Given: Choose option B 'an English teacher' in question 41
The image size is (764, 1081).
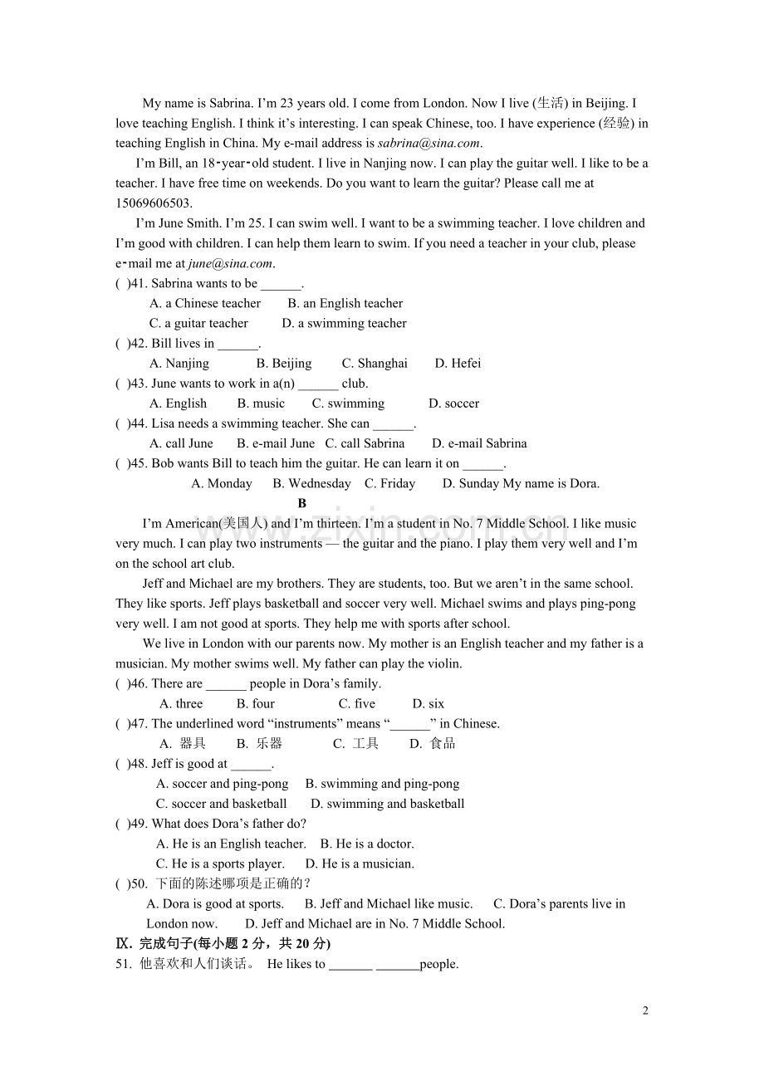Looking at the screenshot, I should coord(345,303).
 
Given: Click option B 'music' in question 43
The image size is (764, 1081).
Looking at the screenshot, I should coord(261,404).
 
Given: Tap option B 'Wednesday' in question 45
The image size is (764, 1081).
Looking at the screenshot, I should coord(311,483).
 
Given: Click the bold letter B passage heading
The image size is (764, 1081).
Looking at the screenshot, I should coord(302,503).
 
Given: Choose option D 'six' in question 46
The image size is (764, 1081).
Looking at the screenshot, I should coord(429,703).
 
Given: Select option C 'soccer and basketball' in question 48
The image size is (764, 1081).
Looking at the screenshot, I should coord(222,803).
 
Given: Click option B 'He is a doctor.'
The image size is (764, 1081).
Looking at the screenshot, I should coord(367,843).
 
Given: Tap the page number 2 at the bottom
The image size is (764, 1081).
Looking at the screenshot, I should coord(645,1010).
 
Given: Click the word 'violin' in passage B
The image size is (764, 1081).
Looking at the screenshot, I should coord(443,663).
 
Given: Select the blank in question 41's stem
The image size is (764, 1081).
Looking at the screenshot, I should coord(281,283).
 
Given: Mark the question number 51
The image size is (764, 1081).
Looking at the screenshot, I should coord(124,964).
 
